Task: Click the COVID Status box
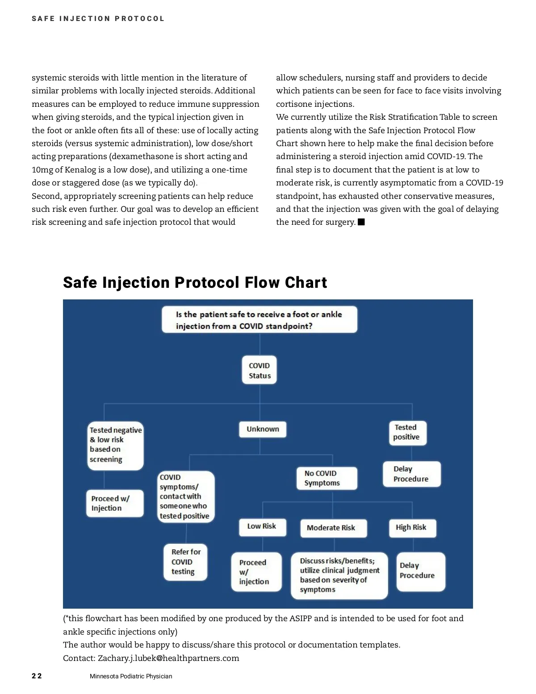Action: click(260, 370)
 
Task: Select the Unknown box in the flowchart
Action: click(263, 429)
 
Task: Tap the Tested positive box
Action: click(407, 433)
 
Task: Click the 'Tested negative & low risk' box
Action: click(115, 445)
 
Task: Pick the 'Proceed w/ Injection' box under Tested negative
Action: click(115, 503)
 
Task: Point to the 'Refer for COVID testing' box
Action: click(185, 562)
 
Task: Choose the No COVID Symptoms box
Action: click(327, 478)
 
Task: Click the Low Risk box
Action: click(262, 527)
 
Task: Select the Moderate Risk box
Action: click(333, 528)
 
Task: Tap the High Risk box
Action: click(412, 528)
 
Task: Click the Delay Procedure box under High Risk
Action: click(420, 571)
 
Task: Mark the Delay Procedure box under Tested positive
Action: click(411, 474)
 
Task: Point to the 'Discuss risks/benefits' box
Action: click(339, 575)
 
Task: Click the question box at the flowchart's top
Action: click(259, 320)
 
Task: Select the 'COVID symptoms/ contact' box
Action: click(186, 496)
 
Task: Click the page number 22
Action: click(37, 676)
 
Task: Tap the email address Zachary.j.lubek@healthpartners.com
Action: click(168, 658)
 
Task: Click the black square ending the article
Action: click(361, 222)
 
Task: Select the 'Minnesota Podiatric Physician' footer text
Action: click(131, 676)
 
